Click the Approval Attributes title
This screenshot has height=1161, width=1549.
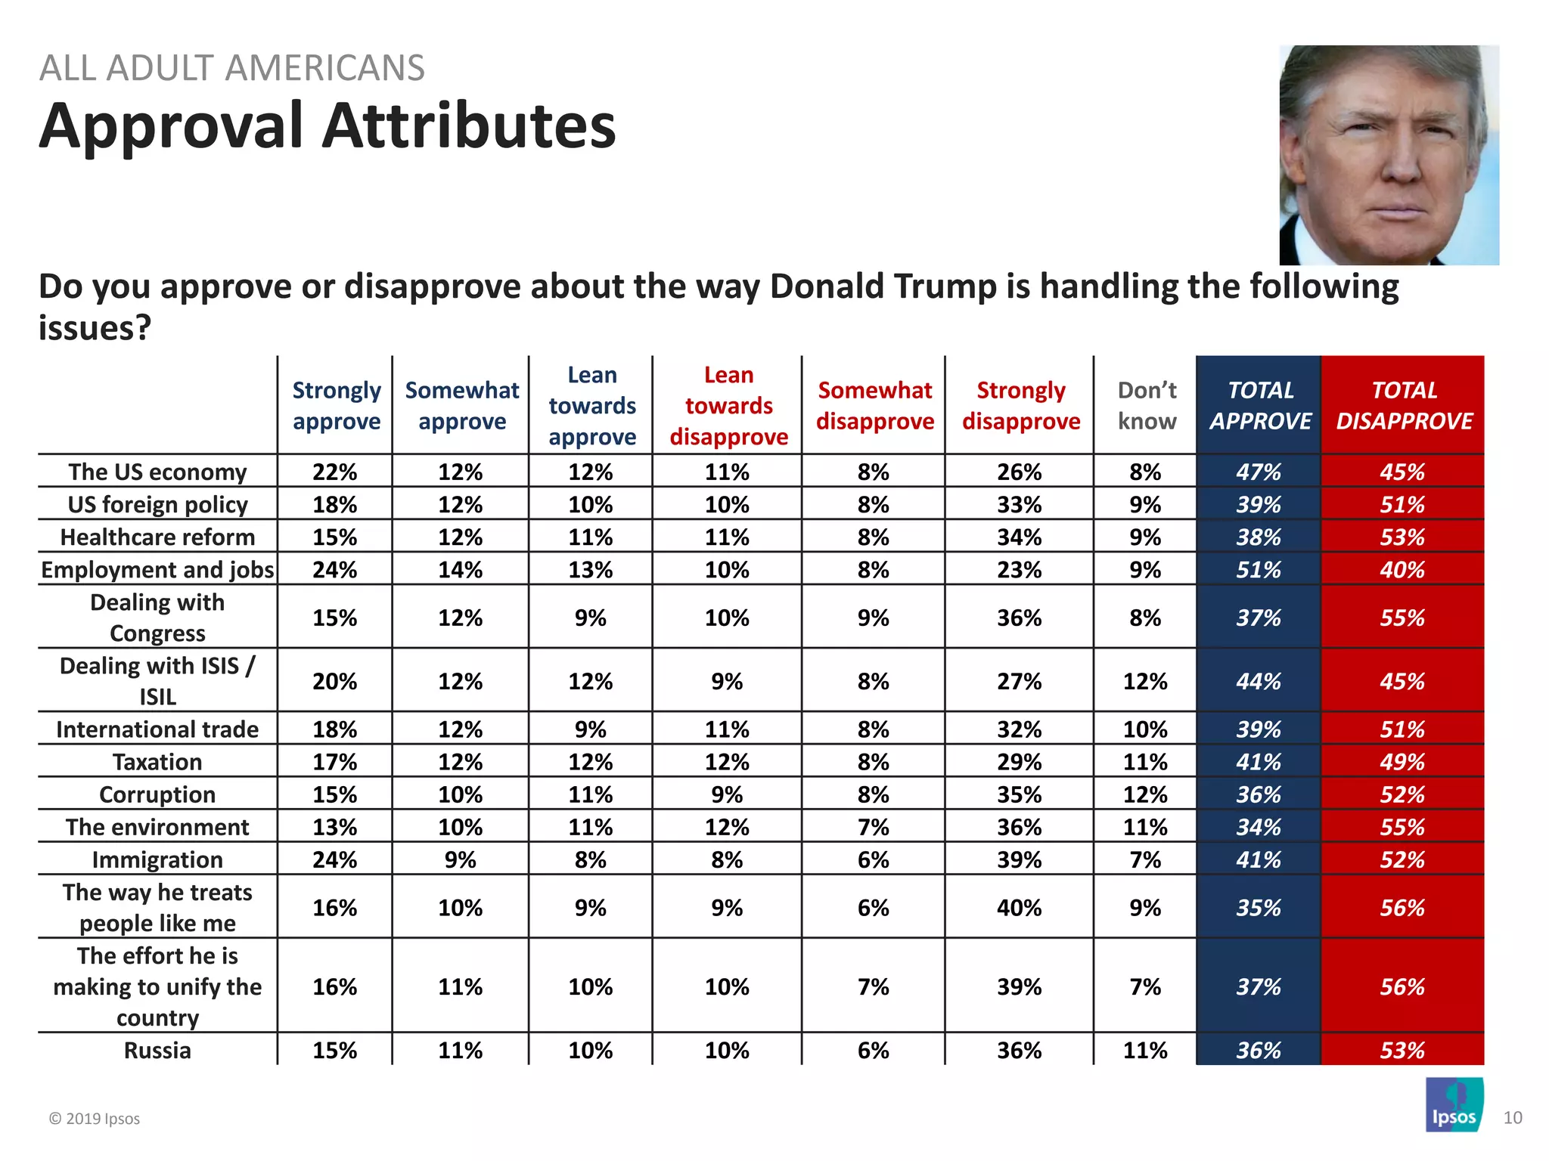[x=327, y=125]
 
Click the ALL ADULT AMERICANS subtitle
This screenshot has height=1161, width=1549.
[x=231, y=68]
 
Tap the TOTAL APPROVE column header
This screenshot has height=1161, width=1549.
[x=1259, y=405]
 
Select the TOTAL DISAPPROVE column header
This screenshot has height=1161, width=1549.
[x=1404, y=405]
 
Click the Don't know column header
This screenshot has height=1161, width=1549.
[x=1147, y=405]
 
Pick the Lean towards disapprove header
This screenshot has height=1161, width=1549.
[x=728, y=406]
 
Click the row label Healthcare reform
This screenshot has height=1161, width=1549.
[x=157, y=537]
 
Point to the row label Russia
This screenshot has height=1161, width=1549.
[x=157, y=1050]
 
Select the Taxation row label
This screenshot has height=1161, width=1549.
[x=157, y=761]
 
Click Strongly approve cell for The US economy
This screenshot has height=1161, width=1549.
[x=335, y=472]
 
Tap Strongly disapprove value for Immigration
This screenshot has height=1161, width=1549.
[x=1019, y=859]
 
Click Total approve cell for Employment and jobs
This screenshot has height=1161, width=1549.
[x=1259, y=569]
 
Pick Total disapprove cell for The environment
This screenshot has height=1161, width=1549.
[x=1402, y=827]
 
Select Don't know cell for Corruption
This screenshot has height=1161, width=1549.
[x=1145, y=794]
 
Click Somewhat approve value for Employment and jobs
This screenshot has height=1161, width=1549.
[x=460, y=569]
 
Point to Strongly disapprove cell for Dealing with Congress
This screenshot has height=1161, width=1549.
[x=1019, y=618]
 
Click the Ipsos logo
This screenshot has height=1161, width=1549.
[x=1454, y=1104]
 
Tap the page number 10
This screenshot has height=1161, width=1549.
[x=1512, y=1118]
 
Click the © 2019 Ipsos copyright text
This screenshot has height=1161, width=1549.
[x=95, y=1119]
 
